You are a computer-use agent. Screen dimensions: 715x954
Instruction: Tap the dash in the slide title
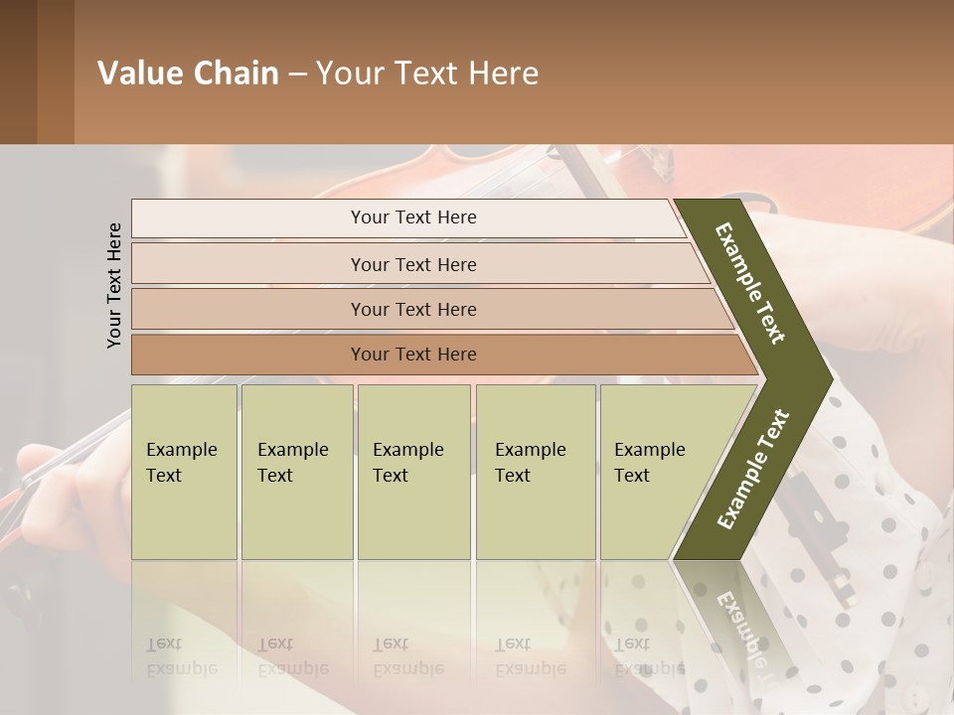[x=297, y=73]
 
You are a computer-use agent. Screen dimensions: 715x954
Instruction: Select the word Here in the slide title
[x=503, y=72]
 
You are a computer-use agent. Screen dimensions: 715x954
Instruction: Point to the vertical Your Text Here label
[x=114, y=285]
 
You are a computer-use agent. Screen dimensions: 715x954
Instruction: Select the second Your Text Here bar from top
[x=413, y=264]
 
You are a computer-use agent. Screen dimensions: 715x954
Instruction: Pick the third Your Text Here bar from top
[x=413, y=309]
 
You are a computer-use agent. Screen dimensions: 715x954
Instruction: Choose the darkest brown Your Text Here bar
[x=413, y=355]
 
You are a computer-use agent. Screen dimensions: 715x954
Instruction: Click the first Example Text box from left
[x=184, y=472]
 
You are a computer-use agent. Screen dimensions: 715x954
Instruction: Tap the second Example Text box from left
[x=296, y=472]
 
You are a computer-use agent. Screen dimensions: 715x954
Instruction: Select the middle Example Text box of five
[x=413, y=472]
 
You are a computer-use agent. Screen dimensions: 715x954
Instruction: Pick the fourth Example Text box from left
[x=535, y=472]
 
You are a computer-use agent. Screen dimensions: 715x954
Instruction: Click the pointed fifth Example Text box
[x=656, y=472]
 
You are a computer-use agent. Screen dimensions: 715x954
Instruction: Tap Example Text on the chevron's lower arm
[x=752, y=470]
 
